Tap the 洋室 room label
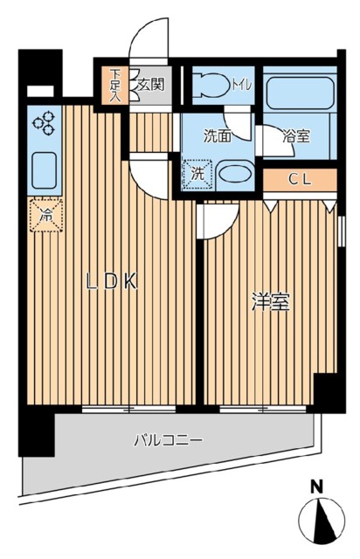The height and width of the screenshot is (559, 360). coord(271,303)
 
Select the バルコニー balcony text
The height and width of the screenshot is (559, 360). coord(168,440)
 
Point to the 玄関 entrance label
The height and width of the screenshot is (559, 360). coord(150,85)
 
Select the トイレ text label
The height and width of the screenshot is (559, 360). coord(241,85)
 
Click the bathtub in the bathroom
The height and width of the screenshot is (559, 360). coord(299,93)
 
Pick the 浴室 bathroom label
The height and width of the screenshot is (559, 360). coord(294,137)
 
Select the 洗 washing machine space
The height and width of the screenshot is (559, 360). coord(197,174)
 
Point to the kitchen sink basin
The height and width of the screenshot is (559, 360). coord(45,169)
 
